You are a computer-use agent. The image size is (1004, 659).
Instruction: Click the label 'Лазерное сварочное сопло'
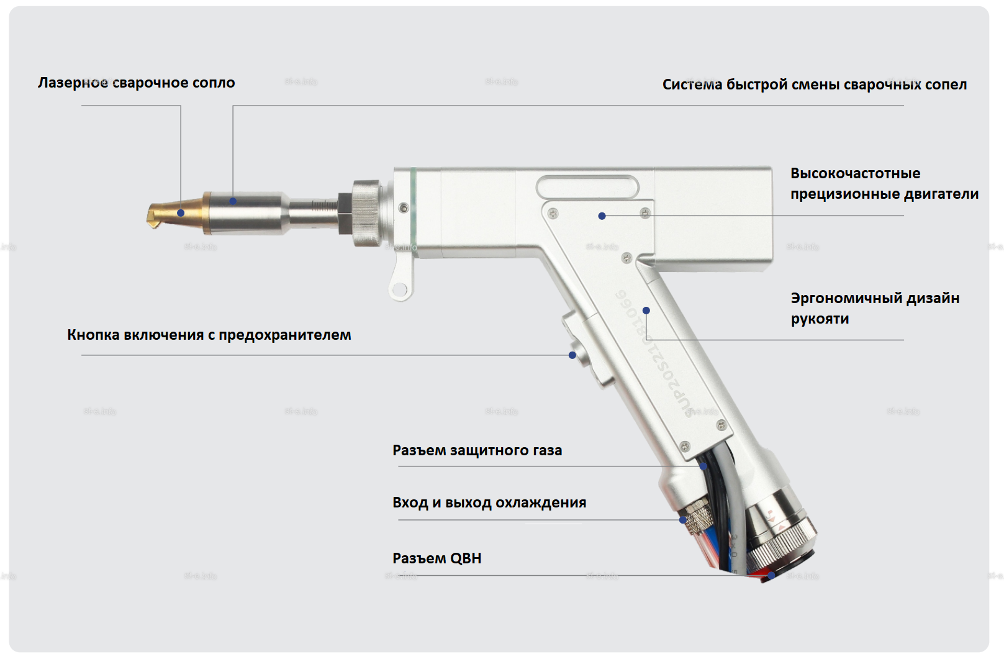click(x=136, y=83)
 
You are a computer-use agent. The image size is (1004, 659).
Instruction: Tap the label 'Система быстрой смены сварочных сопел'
click(x=814, y=84)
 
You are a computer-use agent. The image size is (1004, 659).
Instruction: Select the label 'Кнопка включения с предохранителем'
click(x=209, y=335)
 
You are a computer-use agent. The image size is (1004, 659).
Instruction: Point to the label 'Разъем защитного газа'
click(x=477, y=450)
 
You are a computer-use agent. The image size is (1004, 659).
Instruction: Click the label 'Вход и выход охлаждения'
click(x=489, y=502)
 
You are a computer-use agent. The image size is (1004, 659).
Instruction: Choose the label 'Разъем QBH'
click(x=436, y=558)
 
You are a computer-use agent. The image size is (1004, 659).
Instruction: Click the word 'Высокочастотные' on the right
click(x=855, y=173)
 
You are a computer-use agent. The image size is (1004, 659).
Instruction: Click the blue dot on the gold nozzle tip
click(x=181, y=213)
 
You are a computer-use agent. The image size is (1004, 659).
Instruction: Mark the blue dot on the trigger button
click(x=572, y=355)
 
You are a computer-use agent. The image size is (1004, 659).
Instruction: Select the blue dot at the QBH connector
click(x=771, y=576)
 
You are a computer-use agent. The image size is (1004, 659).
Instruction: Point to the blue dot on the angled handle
click(x=646, y=311)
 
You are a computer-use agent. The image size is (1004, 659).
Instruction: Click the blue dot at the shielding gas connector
click(x=703, y=466)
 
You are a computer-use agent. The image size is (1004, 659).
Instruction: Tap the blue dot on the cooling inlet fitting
click(x=683, y=520)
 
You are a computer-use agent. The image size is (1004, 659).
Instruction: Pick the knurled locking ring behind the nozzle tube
click(x=366, y=212)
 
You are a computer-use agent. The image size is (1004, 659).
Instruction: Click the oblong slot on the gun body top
click(x=587, y=186)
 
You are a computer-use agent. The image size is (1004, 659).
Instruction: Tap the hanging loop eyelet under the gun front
click(x=400, y=289)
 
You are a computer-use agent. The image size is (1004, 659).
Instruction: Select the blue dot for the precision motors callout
click(x=602, y=216)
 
